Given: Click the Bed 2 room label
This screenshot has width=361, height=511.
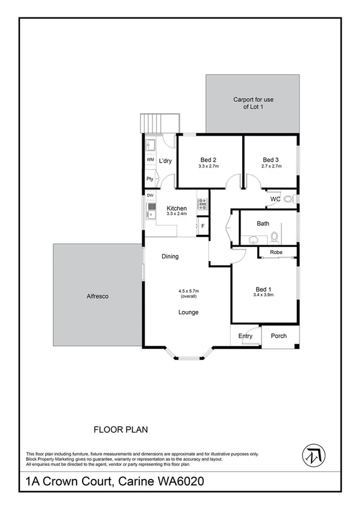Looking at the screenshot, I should tap(206, 160).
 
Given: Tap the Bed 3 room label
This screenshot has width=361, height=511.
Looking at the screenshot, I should tap(270, 160).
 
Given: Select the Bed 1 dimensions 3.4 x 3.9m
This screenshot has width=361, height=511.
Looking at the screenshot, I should tap(265, 295).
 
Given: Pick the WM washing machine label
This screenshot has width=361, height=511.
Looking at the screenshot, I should tap(150, 160).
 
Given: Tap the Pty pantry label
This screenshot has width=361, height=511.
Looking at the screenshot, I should tap(149, 179).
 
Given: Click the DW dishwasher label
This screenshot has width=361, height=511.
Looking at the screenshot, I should tap(149, 196).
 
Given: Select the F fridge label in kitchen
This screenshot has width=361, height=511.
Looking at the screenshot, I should tap(202, 226).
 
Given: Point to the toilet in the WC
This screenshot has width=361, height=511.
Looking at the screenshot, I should tap(288, 198).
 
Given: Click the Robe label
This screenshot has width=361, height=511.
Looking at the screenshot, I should tap(277, 252).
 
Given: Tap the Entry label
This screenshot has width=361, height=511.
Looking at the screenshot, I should tap(245, 336).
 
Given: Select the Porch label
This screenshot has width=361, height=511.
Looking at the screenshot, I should tap(278, 336).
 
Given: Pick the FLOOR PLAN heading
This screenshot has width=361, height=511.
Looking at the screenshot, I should tap(121, 430).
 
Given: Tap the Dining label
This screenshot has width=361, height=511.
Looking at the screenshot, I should tap(170, 257).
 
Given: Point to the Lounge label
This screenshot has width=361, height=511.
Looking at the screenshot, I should tap(188, 312).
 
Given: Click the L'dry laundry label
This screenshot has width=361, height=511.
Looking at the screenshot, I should tap(166, 160).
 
